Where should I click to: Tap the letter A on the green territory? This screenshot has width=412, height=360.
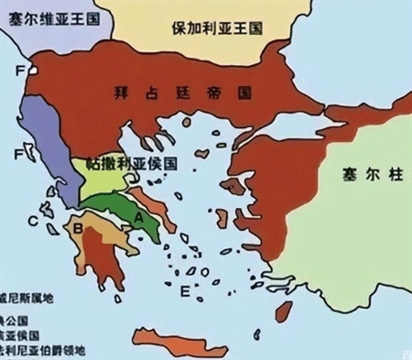(x=138, y=216)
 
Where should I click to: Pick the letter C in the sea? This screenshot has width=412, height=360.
(x=33, y=221)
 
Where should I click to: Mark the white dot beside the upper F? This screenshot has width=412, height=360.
(x=33, y=68)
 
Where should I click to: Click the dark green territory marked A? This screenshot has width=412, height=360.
(x=124, y=206)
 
